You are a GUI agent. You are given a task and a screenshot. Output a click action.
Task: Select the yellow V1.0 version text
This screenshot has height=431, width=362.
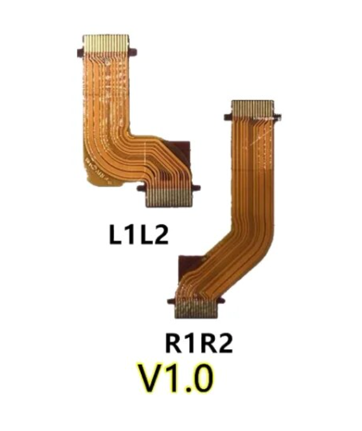[x=176, y=379]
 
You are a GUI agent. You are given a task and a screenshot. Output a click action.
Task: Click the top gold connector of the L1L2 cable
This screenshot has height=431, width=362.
[x=106, y=42]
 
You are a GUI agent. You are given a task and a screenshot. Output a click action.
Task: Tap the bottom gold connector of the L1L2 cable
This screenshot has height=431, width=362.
[x=169, y=198]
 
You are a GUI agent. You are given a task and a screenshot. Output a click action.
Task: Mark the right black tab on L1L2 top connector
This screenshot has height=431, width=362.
[x=134, y=52]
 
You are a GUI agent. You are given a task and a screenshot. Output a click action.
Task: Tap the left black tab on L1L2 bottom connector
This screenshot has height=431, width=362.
[x=141, y=188]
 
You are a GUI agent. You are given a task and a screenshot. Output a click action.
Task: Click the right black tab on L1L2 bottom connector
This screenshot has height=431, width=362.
[x=196, y=188]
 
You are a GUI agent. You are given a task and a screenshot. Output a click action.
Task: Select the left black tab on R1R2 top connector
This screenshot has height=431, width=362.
[x=227, y=117]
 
